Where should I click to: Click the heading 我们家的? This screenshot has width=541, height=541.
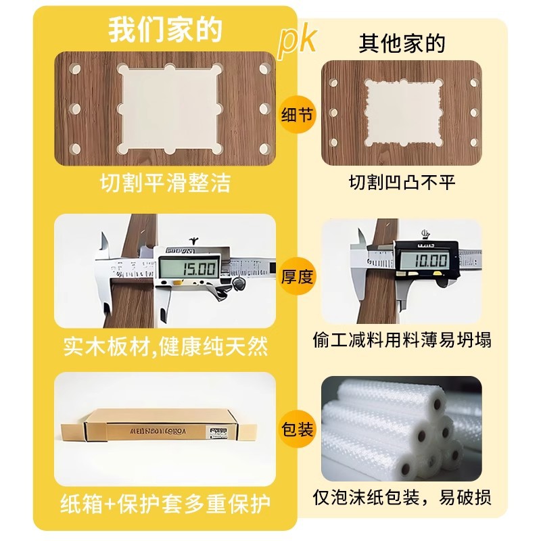click(x=165, y=30)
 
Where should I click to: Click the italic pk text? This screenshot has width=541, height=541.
click(x=298, y=42)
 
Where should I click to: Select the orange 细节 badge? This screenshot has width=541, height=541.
click(x=298, y=115)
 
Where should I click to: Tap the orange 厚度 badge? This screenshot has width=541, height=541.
click(x=298, y=275)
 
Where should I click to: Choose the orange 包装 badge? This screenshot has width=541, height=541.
click(x=298, y=429)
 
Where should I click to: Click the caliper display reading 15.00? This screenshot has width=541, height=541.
click(x=189, y=269)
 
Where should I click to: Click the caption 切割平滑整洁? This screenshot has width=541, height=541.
click(x=165, y=183)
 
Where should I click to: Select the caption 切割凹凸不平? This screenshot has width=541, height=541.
click(x=402, y=183)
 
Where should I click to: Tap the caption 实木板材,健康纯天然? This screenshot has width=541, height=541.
click(x=165, y=347)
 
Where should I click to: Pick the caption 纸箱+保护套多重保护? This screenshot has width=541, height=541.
click(x=165, y=504)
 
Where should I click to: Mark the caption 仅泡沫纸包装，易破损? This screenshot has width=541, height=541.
click(x=402, y=499)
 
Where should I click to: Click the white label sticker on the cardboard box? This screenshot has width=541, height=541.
click(x=218, y=429)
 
